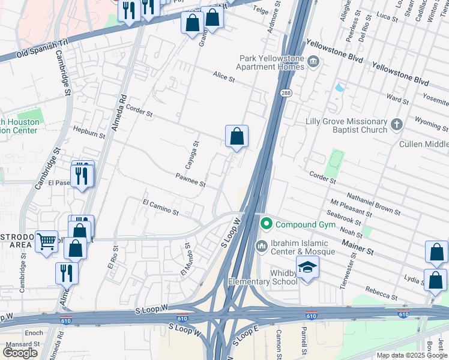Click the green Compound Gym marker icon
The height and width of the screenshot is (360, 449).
267,224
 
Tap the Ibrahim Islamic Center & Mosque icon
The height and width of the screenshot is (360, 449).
261,246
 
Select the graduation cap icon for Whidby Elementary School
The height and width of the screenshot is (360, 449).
307,266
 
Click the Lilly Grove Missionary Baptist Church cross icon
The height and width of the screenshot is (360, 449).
396,124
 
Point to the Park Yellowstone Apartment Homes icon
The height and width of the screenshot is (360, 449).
313,62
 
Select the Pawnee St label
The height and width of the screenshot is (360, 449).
190,179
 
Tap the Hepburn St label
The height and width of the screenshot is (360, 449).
88,132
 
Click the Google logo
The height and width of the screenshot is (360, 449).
20,352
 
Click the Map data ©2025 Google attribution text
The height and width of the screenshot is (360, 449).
412,355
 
